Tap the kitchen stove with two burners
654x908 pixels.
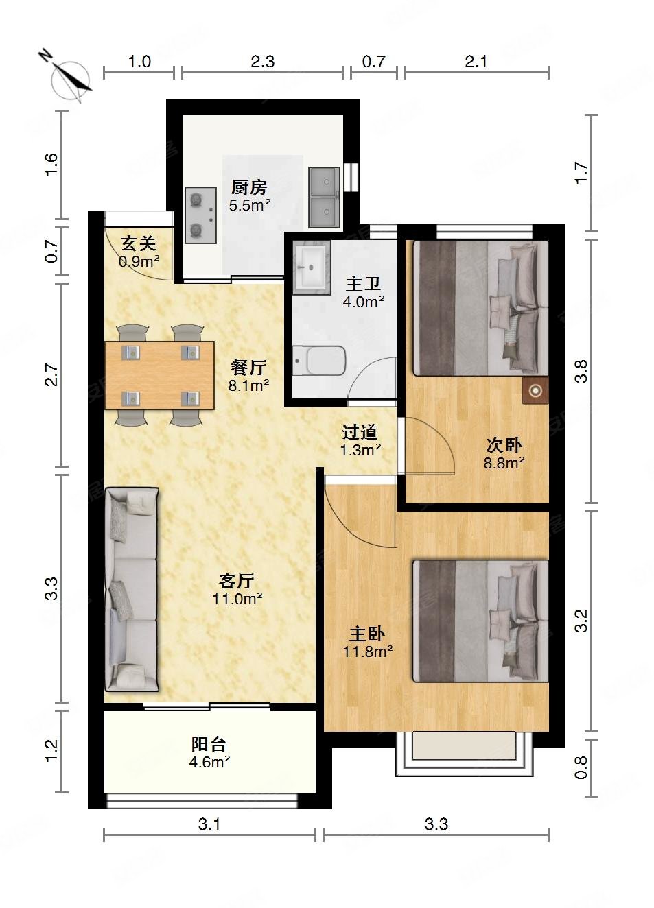(198, 215)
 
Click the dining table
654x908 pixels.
(159, 375)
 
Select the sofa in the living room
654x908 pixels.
(132, 589)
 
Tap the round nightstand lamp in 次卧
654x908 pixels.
(535, 391)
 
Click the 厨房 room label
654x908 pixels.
(248, 187)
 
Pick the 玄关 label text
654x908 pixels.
(138, 243)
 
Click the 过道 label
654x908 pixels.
(360, 432)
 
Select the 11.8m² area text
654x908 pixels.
(368, 652)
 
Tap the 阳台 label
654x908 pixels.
(209, 744)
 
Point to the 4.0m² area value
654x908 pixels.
(363, 301)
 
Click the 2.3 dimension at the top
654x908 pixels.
(262, 62)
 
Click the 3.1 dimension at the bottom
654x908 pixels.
(209, 824)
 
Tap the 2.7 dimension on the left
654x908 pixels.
(52, 376)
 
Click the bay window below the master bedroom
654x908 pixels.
(464, 754)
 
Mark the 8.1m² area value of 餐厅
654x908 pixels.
(248, 385)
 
